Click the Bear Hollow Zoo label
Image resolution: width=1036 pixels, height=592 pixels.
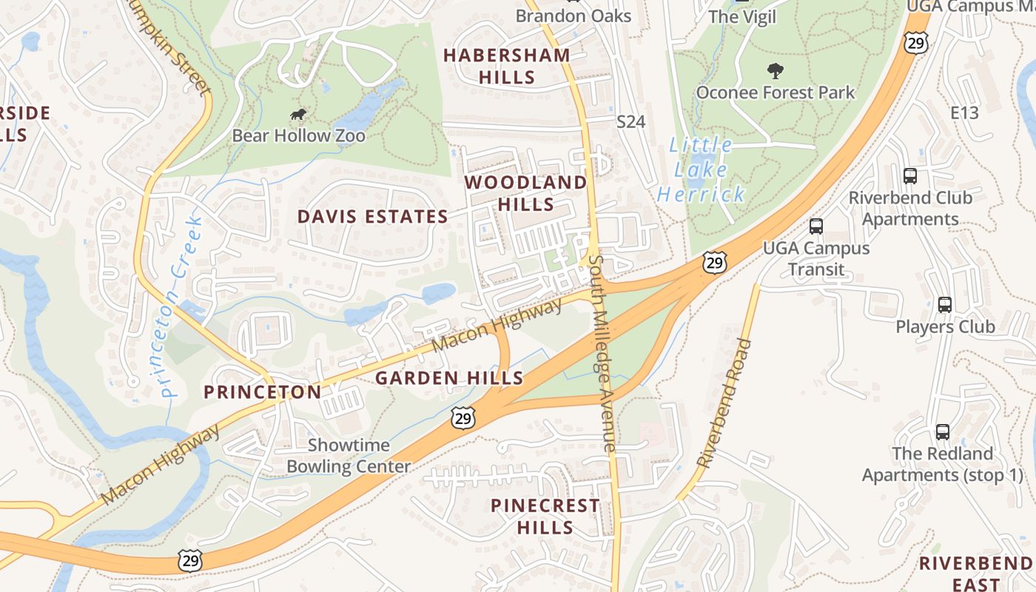pyautogui.click(x=298, y=136)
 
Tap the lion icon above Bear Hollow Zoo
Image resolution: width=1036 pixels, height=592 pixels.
pyautogui.click(x=299, y=115)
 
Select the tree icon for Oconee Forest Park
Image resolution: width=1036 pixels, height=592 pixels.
pyautogui.click(x=775, y=71)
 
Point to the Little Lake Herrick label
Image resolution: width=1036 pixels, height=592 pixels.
pyautogui.click(x=701, y=169)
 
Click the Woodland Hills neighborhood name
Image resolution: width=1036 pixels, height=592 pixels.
pyautogui.click(x=525, y=193)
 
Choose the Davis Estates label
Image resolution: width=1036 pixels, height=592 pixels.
pyautogui.click(x=372, y=217)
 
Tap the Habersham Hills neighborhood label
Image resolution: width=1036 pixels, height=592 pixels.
pyautogui.click(x=507, y=66)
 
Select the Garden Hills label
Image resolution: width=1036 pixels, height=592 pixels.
pyautogui.click(x=449, y=378)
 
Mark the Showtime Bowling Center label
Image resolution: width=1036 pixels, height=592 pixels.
pyautogui.click(x=348, y=456)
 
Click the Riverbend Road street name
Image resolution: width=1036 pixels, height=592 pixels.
pyautogui.click(x=724, y=403)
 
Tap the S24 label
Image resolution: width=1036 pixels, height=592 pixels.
pyautogui.click(x=631, y=121)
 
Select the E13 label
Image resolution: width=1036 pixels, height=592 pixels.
pyautogui.click(x=964, y=113)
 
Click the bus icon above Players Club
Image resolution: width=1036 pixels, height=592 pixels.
pyautogui.click(x=944, y=304)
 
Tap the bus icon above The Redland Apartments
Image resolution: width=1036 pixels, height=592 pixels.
pyautogui.click(x=942, y=431)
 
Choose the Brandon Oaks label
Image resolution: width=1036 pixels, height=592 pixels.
pyautogui.click(x=573, y=16)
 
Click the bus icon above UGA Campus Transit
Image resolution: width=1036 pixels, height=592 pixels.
pyautogui.click(x=815, y=226)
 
